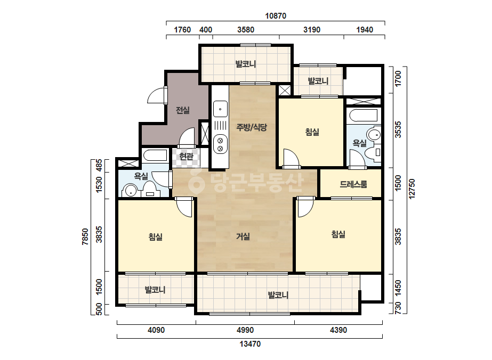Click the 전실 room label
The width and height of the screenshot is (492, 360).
(x=183, y=110)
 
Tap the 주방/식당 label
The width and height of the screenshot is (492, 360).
(x=252, y=127)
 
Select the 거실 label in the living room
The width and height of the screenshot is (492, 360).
(x=243, y=236)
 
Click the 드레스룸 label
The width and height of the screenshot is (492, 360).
(x=353, y=184)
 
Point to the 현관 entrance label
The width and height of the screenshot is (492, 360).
(x=187, y=156)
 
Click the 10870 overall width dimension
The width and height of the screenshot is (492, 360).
(x=276, y=15)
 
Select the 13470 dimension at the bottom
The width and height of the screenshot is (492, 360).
(x=250, y=344)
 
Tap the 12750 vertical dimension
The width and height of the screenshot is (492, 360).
(x=412, y=189)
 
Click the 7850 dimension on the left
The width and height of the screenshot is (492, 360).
(x=85, y=237)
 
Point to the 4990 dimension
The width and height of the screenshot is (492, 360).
(x=245, y=330)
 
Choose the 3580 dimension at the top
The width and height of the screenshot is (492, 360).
(x=246, y=30)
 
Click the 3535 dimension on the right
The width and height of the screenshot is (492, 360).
(x=398, y=129)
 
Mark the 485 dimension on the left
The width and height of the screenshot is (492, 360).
(x=99, y=166)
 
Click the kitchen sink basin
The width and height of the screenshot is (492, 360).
(x=220, y=109)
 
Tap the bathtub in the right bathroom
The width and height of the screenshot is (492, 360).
(x=363, y=116)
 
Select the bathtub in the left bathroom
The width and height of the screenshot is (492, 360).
(x=155, y=155)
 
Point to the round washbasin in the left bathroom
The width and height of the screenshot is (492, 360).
(x=130, y=191)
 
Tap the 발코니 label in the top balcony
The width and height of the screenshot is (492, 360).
(x=246, y=64)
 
